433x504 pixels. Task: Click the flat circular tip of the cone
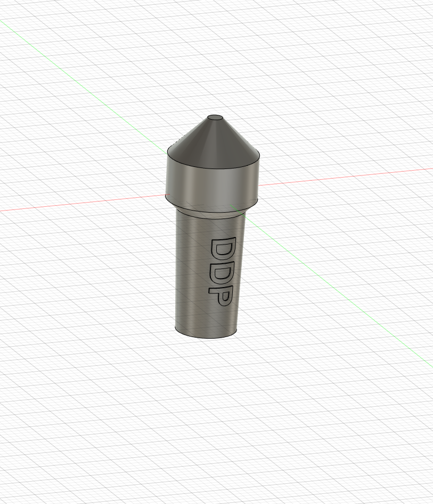tap(215, 117)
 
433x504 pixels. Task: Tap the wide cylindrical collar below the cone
tap(212, 182)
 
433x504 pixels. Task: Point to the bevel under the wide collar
tap(212, 208)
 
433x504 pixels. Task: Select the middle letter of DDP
tap(220, 274)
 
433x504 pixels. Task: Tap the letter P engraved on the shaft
tap(220, 296)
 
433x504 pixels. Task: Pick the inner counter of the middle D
tap(222, 274)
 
